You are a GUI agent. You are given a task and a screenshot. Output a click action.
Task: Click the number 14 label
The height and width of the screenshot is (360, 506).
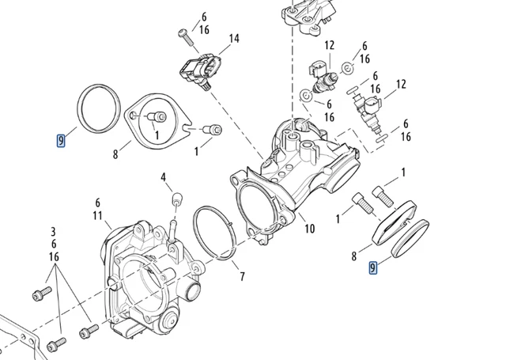point(234,39)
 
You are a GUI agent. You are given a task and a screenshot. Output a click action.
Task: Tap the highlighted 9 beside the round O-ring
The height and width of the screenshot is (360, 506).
point(61,142)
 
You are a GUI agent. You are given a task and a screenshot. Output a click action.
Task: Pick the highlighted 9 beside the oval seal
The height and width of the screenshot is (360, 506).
point(373,269)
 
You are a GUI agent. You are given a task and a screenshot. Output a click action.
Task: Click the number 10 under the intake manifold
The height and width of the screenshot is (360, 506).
point(309,229)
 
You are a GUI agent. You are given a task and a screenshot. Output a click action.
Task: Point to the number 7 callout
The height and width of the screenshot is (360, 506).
point(242,276)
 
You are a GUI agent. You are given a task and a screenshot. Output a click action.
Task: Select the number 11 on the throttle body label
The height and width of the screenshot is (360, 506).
point(98,215)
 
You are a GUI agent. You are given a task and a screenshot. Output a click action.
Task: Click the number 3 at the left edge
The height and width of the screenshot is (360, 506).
point(52,231)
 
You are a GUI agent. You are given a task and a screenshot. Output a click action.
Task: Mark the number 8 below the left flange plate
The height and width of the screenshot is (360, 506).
point(115,155)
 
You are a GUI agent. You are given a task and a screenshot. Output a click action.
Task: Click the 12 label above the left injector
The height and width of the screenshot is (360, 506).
point(330,45)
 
